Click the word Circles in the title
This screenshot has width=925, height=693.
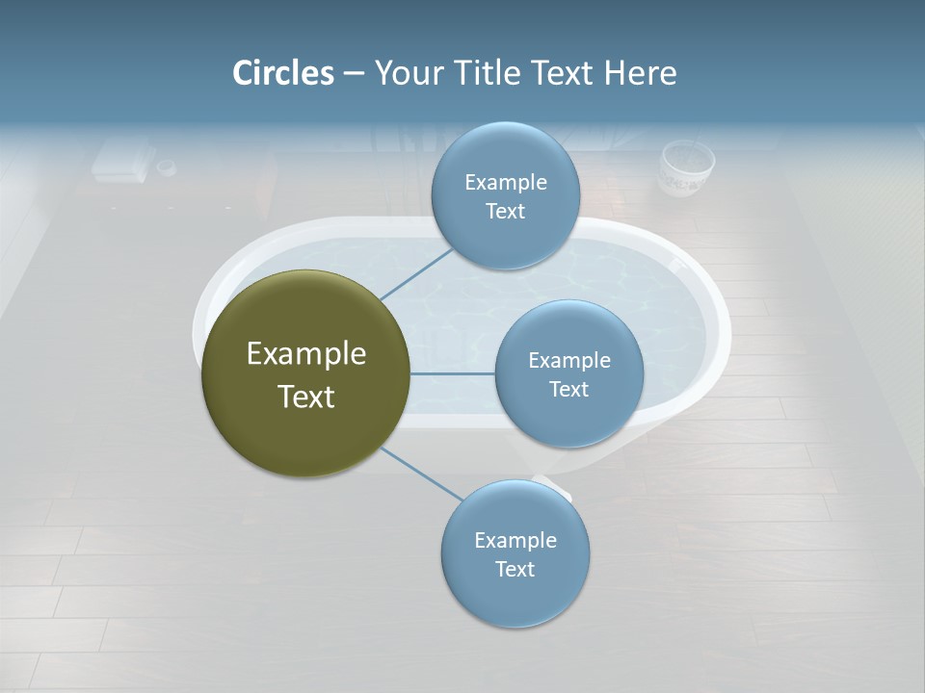tap(283, 73)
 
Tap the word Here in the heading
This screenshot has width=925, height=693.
tap(640, 73)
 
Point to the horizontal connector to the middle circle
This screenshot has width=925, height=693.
tap(453, 373)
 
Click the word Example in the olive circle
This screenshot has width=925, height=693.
tap(306, 353)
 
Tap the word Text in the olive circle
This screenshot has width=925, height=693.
tap(306, 397)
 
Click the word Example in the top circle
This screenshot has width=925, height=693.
tap(505, 182)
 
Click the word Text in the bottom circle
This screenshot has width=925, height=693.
tap(515, 569)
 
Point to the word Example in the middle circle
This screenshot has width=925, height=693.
tap(568, 360)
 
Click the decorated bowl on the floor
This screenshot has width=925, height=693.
tap(686, 168)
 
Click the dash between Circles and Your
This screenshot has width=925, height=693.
tap(354, 74)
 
